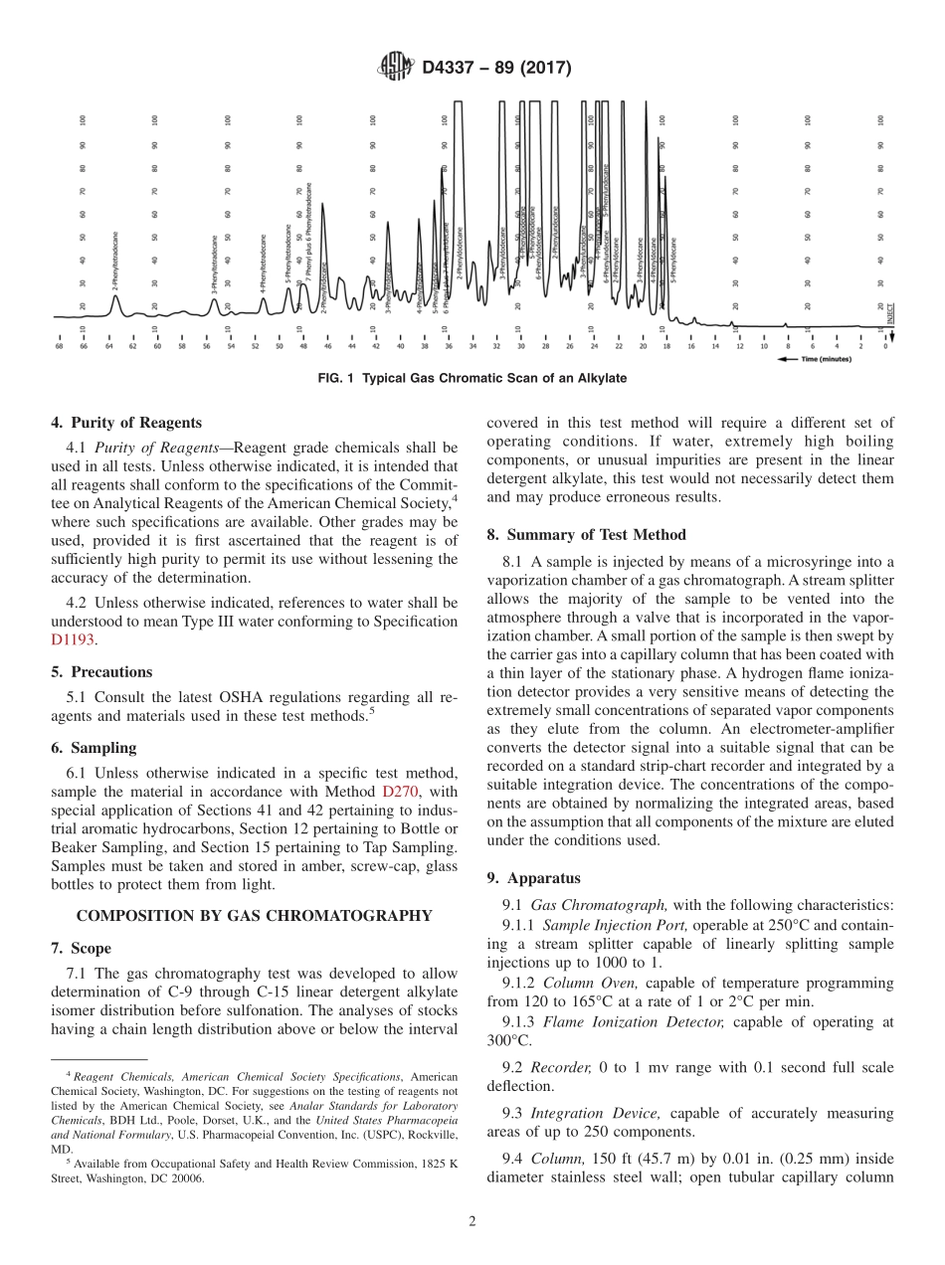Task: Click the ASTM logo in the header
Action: (x=396, y=68)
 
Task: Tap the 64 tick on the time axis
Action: (x=108, y=345)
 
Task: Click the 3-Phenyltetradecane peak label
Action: (x=215, y=264)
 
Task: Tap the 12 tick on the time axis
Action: (x=739, y=345)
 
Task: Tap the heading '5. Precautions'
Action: (x=101, y=671)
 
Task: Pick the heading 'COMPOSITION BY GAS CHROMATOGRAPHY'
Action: (x=254, y=916)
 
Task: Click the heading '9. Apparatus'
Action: (x=533, y=878)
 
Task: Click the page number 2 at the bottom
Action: (x=472, y=1221)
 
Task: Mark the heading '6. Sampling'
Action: (x=94, y=748)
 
